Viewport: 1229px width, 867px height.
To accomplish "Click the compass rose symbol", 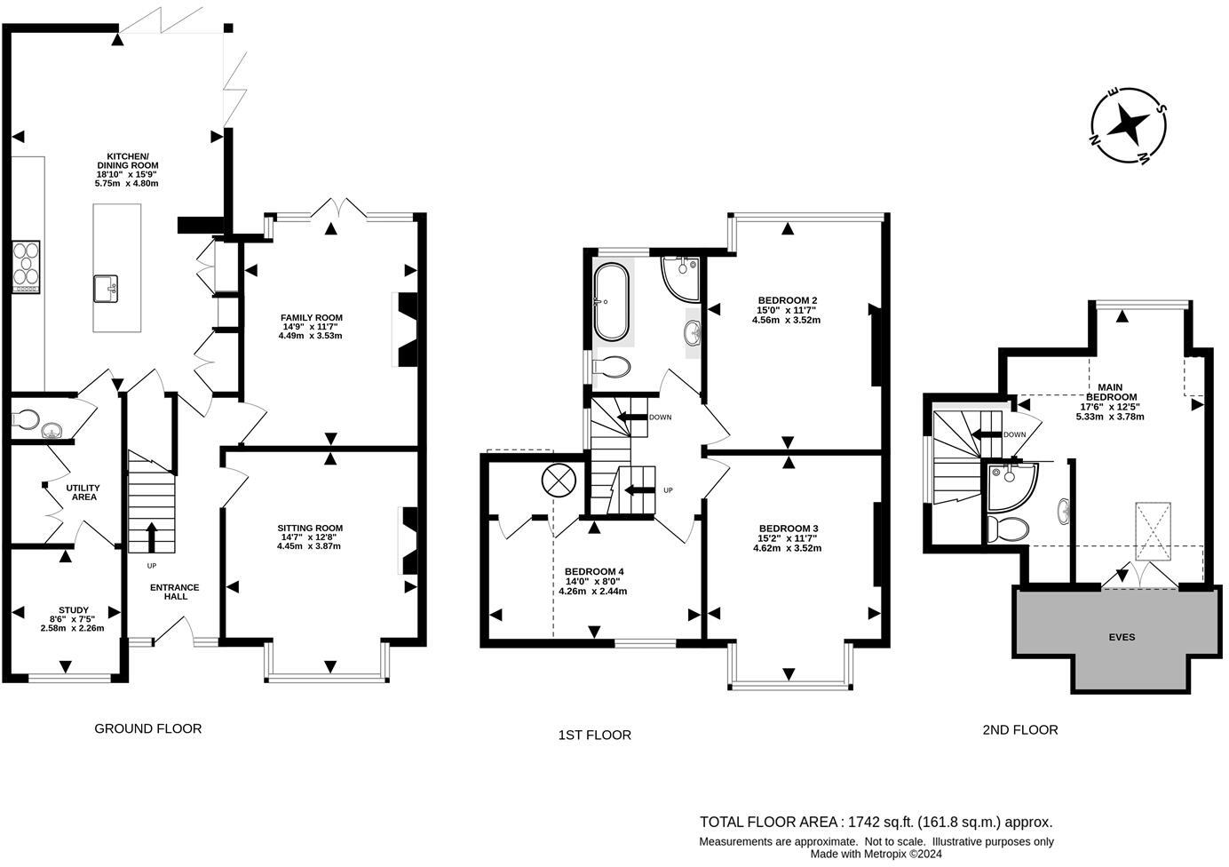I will (x=1129, y=125).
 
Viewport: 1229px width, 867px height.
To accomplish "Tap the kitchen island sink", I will (x=106, y=289).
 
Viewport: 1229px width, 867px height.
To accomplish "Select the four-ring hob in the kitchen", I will (x=26, y=266).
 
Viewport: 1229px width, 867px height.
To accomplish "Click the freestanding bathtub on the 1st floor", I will (x=611, y=302).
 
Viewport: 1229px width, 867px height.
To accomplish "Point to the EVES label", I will (x=1122, y=637).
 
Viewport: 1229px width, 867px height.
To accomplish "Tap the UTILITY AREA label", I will (x=83, y=492).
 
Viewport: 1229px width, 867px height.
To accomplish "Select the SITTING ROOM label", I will (x=309, y=529).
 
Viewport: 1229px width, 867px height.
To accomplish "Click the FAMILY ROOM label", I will (x=311, y=318).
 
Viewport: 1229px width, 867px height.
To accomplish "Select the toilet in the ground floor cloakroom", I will (x=26, y=418).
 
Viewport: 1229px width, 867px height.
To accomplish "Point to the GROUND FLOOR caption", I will (x=148, y=728).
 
